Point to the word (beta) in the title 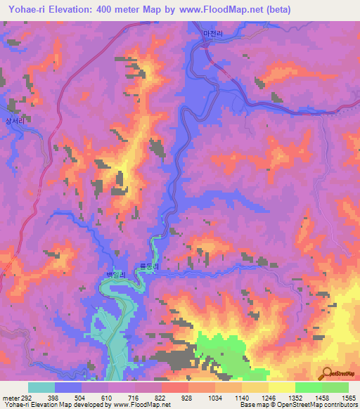pyautogui.click(x=275, y=9)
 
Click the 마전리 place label pyautogui.click(x=211, y=33)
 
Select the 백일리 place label pyautogui.click(x=114, y=275)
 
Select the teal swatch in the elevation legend pyautogui.click(x=41, y=387)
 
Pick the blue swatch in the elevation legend pyautogui.click(x=68, y=387)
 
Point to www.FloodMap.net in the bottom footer pyautogui.click(x=141, y=405)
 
